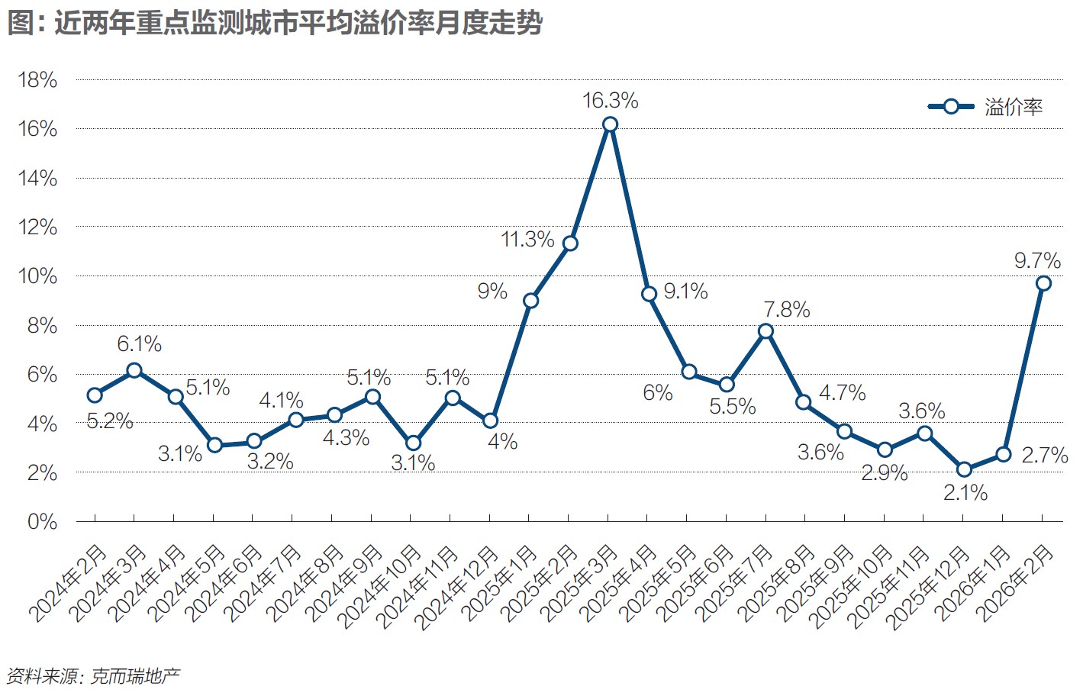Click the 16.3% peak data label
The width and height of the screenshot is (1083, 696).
610,101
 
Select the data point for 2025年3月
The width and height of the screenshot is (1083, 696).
610,124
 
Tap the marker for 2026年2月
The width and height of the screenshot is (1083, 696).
1043,283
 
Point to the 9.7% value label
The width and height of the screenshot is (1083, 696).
1037,261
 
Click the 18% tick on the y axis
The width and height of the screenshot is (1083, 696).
37,80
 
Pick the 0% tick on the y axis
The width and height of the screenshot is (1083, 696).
42,522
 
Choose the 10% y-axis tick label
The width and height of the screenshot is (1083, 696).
37,276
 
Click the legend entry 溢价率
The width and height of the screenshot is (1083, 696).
1013,107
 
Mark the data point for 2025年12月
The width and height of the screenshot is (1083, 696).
964,469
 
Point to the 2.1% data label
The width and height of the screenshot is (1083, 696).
965,493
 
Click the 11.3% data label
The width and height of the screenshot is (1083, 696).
527,240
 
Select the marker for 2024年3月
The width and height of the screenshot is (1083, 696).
134,370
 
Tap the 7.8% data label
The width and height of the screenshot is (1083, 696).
787,310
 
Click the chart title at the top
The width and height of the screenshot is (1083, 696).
275,23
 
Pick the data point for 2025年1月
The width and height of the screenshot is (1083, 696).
530,301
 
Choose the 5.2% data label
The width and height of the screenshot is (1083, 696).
110,420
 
